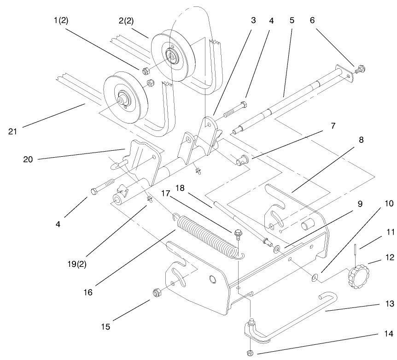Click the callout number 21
pyautogui.click(x=12, y=131)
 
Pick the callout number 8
pyautogui.click(x=361, y=140)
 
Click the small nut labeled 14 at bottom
pyautogui.click(x=251, y=353)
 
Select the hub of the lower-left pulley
pyautogui.click(x=123, y=98)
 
